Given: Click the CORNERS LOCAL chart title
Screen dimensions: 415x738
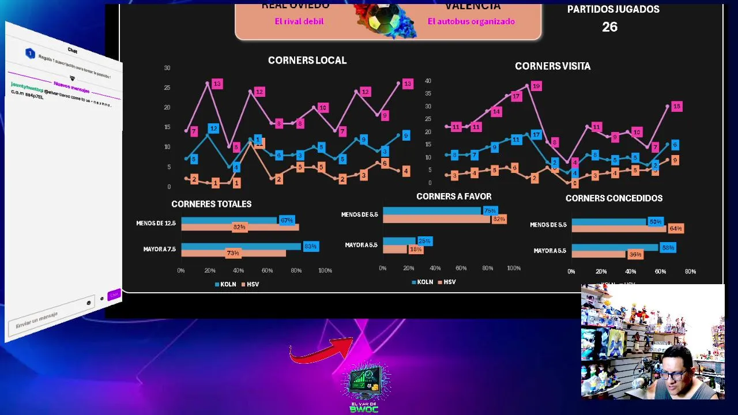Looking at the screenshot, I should tap(307, 61).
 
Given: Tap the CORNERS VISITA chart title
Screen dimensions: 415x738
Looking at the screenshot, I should tap(552, 66).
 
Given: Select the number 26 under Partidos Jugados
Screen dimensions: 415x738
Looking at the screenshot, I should tap(609, 27).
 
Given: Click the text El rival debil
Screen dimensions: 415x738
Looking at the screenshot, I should tap(299, 21).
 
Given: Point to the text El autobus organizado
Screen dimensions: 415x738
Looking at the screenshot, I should tap(471, 21).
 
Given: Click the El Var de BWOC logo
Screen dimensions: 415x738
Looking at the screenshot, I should tap(364, 386).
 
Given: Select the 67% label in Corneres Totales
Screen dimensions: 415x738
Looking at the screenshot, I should tap(287, 220).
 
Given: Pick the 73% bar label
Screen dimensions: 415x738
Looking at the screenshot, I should tap(233, 253).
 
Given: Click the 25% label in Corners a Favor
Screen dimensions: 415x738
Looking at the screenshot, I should tap(424, 241).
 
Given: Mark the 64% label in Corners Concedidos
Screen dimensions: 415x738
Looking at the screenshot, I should tap(676, 229).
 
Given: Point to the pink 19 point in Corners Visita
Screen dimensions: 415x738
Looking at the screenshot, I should tap(536, 86).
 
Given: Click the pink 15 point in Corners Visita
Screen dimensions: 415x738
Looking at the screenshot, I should tap(676, 107).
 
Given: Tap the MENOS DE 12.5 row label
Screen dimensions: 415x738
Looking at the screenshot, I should tap(156, 223).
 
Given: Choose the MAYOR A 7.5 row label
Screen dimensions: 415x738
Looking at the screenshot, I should tap(159, 250).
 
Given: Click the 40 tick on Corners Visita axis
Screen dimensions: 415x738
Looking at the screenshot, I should tap(428, 81).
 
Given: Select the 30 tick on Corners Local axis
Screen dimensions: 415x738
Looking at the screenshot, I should tap(167, 68).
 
